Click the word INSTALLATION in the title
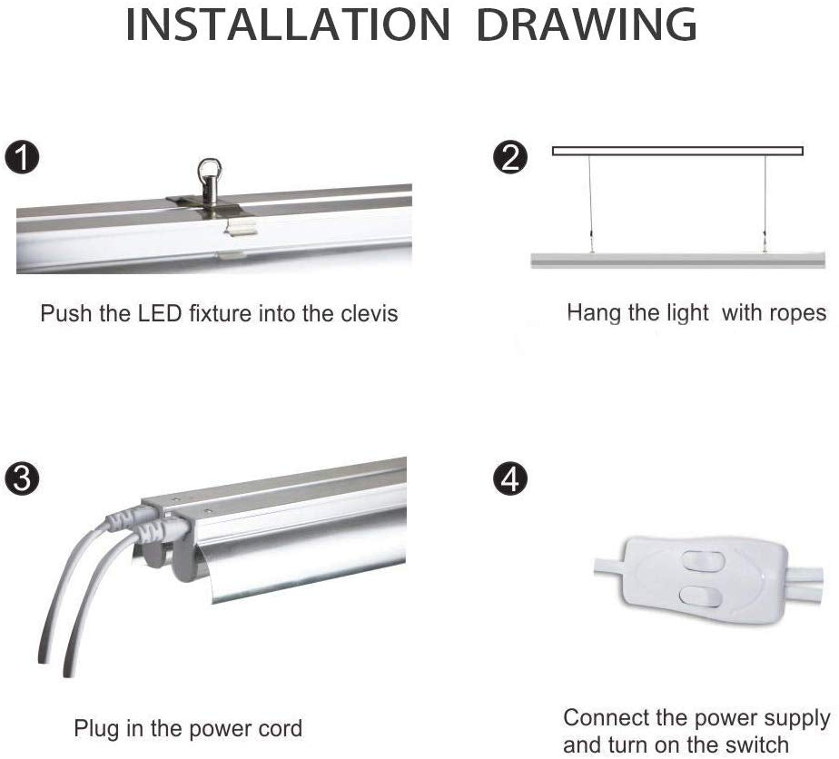point(288,25)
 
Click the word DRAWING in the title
point(587,25)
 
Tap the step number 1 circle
point(22,157)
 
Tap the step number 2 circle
point(510,157)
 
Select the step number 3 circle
point(22,478)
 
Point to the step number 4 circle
point(510,478)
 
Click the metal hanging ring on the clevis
point(208,170)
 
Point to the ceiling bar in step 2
point(677,151)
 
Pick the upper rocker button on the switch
point(703,562)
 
